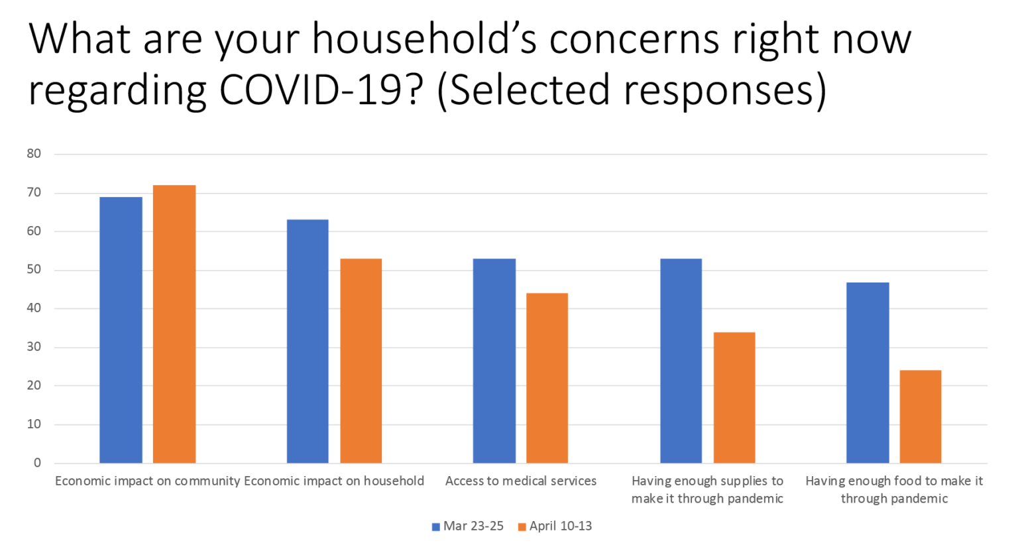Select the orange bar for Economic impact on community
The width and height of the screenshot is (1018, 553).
(x=174, y=324)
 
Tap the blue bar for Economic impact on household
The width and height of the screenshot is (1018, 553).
(x=308, y=341)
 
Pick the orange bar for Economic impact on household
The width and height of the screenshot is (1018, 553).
(x=361, y=361)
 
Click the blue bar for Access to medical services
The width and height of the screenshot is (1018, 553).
(x=494, y=361)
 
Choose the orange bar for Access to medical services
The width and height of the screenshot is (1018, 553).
(x=547, y=378)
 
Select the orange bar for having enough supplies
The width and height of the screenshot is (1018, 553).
(x=734, y=398)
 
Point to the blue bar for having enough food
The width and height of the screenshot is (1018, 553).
(x=868, y=373)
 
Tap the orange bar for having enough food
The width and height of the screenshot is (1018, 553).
(x=921, y=416)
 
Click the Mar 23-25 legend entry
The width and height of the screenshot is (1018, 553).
(x=468, y=526)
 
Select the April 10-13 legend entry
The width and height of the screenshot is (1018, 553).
(x=555, y=526)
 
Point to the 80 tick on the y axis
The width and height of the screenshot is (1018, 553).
(x=34, y=154)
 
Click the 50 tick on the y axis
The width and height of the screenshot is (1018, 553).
(x=34, y=270)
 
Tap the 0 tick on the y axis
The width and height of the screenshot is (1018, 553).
(x=37, y=463)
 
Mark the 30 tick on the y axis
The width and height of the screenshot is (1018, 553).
(x=34, y=347)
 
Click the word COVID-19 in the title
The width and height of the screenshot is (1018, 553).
(x=311, y=90)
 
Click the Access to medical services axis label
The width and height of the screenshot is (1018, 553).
(x=521, y=481)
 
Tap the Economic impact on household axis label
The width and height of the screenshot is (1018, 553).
(x=334, y=481)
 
